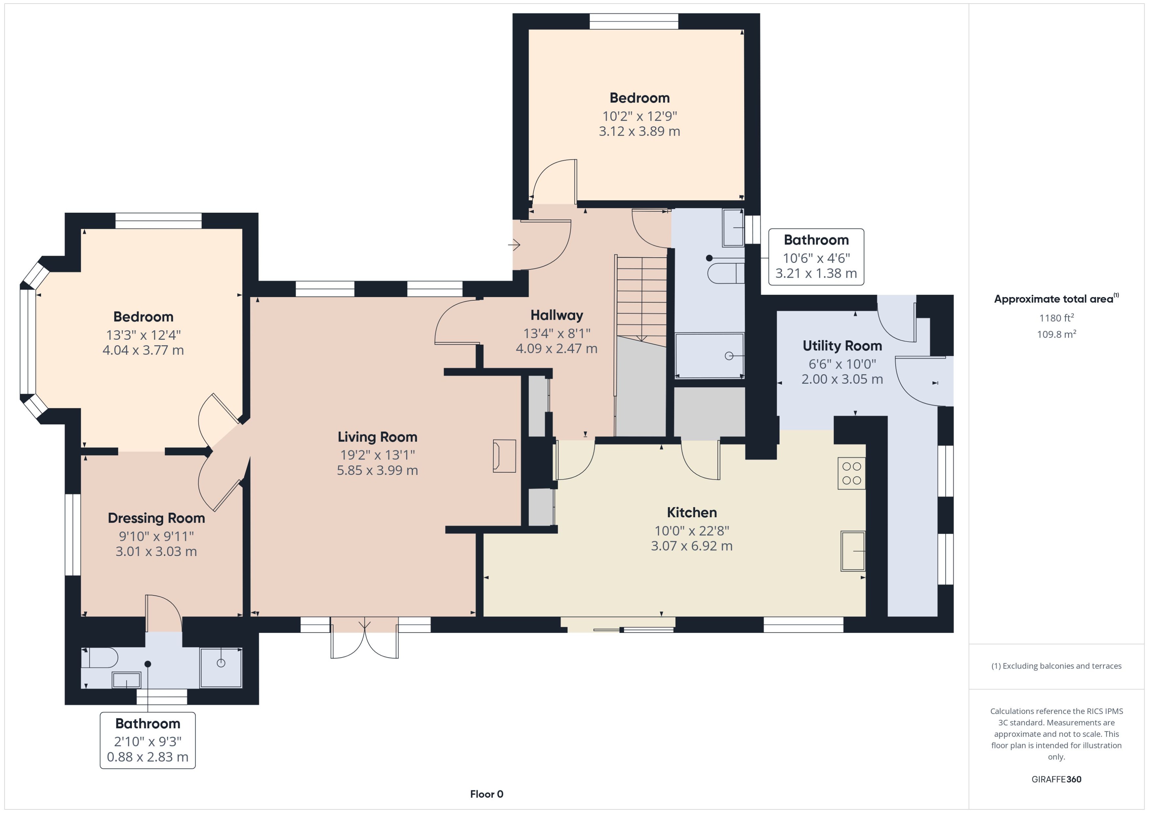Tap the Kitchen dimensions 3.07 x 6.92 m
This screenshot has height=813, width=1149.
(691, 546)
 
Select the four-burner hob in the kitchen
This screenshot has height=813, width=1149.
(851, 473)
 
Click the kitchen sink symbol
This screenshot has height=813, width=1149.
(853, 551)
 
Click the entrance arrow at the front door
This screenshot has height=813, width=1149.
(514, 245)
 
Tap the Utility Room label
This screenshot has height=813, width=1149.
(842, 346)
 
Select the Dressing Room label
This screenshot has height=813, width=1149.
(156, 518)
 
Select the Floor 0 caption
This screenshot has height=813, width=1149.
(486, 794)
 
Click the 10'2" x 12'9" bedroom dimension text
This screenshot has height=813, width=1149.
(639, 116)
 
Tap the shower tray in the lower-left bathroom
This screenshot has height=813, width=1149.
(221, 667)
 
